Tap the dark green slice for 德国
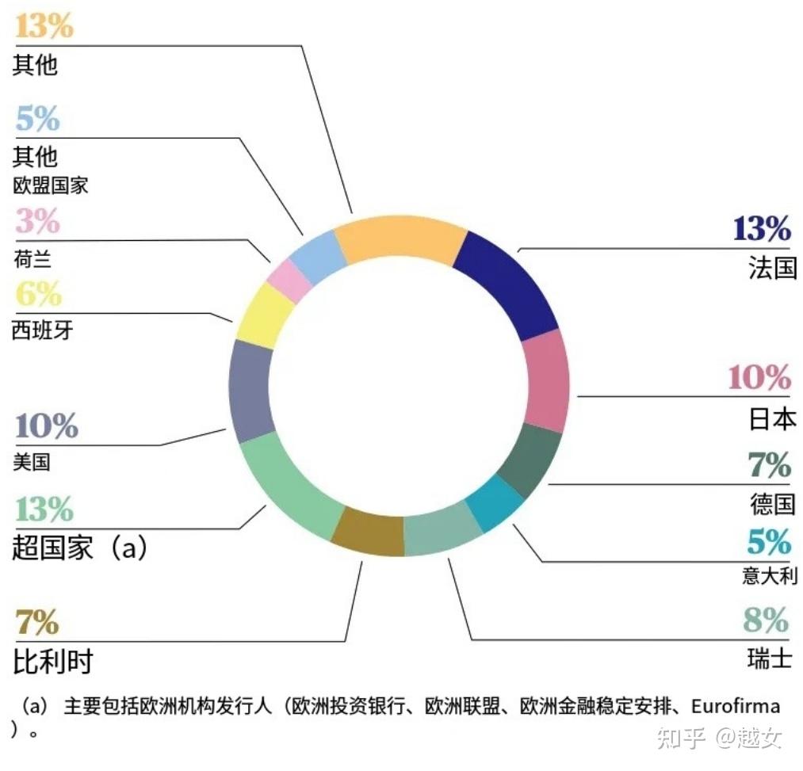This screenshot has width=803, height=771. tap(530, 460)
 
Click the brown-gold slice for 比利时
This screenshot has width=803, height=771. tap(367, 532)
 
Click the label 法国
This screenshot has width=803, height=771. tap(771, 268)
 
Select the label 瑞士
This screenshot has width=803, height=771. tap(769, 658)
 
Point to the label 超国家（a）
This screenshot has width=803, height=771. tap(80, 547)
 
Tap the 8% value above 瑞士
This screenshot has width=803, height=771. tap(766, 620)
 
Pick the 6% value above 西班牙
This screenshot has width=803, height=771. tap(37, 295)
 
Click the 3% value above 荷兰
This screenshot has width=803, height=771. tap(37, 221)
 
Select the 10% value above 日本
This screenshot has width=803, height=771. tap(759, 378)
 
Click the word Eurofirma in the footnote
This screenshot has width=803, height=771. tap(735, 705)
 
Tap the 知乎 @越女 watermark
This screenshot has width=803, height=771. tap(717, 739)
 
